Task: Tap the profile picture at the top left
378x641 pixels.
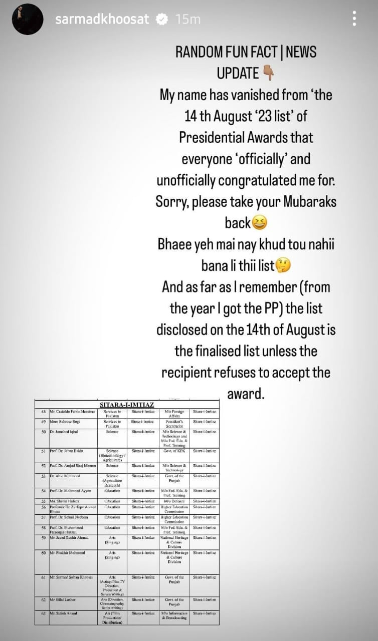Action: click(x=28, y=19)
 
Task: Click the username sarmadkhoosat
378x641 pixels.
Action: click(x=102, y=20)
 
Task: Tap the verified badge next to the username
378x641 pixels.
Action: click(x=162, y=20)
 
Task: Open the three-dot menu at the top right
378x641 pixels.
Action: click(x=354, y=19)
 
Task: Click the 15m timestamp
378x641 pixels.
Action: click(x=188, y=20)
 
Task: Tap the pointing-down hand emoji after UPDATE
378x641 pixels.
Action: click(x=268, y=74)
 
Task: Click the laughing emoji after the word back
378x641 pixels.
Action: click(x=260, y=222)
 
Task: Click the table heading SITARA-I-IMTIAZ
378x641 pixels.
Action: click(x=127, y=404)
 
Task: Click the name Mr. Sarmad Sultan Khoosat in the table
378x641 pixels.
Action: click(x=71, y=577)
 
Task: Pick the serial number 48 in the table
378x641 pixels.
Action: click(x=44, y=412)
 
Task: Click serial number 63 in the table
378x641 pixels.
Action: click(x=44, y=613)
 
